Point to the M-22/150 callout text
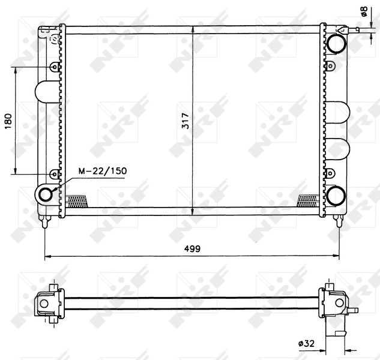[x=103, y=171]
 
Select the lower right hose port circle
[x=336, y=195]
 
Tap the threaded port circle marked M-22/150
[x=46, y=194]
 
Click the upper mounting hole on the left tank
[x=54, y=67]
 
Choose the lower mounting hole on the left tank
[x=54, y=174]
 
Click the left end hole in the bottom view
[x=43, y=304]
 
